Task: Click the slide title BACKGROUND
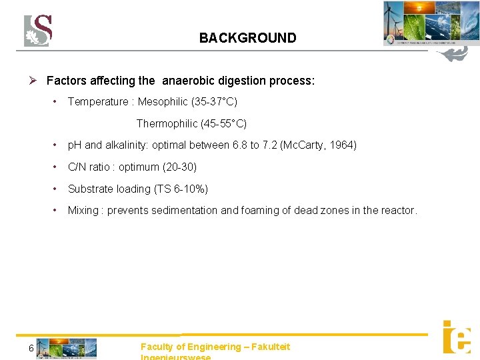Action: (x=247, y=38)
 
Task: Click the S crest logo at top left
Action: (x=38, y=31)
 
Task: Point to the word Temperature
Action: (x=97, y=101)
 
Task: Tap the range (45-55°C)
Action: (x=224, y=123)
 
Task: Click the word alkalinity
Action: (x=128, y=145)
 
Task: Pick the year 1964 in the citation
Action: (x=343, y=145)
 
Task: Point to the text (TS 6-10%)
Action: (x=181, y=189)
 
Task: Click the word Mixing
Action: (x=83, y=211)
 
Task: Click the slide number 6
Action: (x=31, y=348)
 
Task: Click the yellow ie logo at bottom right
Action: (x=457, y=337)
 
